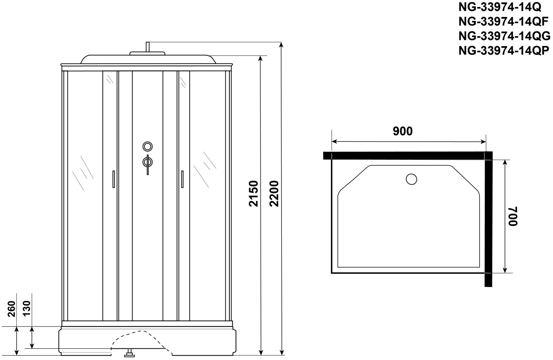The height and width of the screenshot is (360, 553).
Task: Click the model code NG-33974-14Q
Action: (500, 7)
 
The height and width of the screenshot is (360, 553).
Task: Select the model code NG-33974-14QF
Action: (503, 22)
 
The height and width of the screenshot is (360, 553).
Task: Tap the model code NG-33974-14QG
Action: (504, 36)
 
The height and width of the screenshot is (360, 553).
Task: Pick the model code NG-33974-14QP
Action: (504, 51)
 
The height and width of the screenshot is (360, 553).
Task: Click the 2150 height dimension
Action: (253, 193)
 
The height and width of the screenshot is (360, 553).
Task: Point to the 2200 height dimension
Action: (274, 193)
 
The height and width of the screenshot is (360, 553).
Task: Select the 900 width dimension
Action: (403, 131)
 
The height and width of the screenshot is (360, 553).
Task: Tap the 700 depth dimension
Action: (513, 216)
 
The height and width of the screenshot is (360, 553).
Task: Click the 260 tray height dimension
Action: (11, 309)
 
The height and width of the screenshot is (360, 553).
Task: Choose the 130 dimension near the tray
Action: (27, 308)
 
